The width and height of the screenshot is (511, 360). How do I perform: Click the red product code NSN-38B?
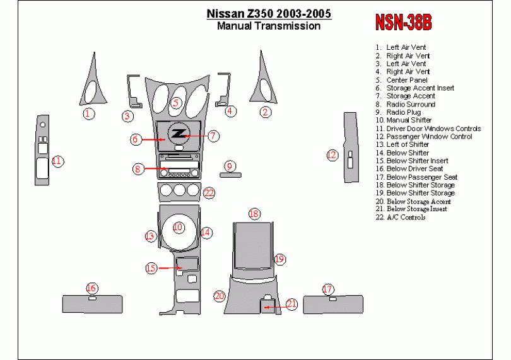[x=404, y=23]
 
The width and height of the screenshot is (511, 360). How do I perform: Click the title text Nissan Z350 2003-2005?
[x=269, y=14]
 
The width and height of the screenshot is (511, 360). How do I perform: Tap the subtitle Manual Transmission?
[x=269, y=26]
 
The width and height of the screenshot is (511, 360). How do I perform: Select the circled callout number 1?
[x=88, y=113]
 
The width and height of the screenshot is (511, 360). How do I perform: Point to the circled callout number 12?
[x=332, y=154]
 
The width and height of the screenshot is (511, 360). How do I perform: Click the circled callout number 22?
[x=209, y=193]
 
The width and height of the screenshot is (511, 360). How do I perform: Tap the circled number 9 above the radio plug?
[x=230, y=166]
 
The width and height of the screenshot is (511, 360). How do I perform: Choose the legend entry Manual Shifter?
[x=404, y=120]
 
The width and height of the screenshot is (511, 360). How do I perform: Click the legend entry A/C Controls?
[x=400, y=218]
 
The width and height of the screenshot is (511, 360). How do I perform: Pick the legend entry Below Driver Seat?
[x=409, y=169]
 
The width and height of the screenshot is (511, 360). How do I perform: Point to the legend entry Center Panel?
[x=401, y=80]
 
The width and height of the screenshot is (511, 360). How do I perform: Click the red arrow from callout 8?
[x=156, y=168]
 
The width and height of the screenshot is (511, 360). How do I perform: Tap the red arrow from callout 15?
[x=170, y=268]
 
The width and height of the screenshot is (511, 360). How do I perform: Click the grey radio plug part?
[x=230, y=175]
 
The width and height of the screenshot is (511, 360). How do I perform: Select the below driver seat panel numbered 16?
[x=93, y=305]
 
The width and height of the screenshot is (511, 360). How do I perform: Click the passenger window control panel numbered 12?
[x=351, y=148]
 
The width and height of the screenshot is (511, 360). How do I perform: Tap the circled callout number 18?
[x=254, y=214]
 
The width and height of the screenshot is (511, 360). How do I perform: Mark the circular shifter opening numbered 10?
[x=179, y=231]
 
